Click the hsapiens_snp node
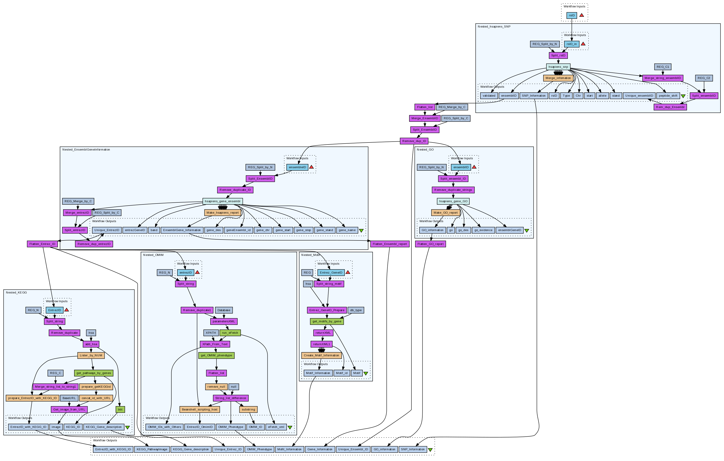pyautogui.click(x=558, y=67)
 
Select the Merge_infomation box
pyautogui.click(x=558, y=78)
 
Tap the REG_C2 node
pyautogui.click(x=704, y=78)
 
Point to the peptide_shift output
pyautogui.click(x=668, y=96)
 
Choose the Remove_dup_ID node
pyautogui.click(x=414, y=141)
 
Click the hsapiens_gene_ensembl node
pyautogui.click(x=223, y=201)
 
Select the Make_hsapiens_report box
pyautogui.click(x=223, y=213)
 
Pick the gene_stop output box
pyautogui.click(x=303, y=230)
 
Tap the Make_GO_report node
pyautogui.click(x=446, y=213)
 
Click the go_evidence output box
pyautogui.click(x=483, y=230)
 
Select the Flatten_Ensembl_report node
pyautogui.click(x=390, y=244)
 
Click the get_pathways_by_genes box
pyautogui.click(x=94, y=373)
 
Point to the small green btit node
pyautogui.click(x=120, y=409)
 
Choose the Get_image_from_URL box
pyautogui.click(x=69, y=409)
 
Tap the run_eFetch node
pyautogui.click(x=230, y=333)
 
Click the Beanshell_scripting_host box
pyautogui.click(x=200, y=409)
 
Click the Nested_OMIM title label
pyautogui.click(x=153, y=255)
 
